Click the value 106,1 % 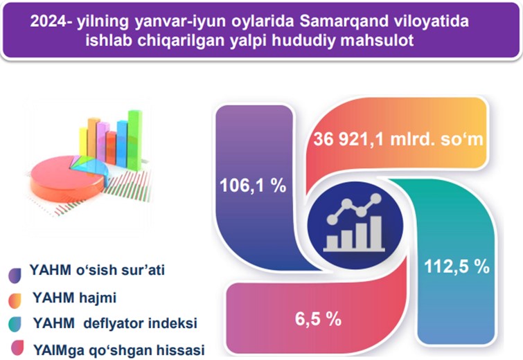253,186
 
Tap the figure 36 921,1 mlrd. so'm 398,138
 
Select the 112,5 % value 456,267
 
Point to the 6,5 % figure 318,318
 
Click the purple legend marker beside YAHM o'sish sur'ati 15,276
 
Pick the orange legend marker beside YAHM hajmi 15,300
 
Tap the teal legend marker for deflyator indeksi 15,324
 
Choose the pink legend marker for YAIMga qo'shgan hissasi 17,348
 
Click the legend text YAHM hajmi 74,297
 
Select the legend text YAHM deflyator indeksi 115,323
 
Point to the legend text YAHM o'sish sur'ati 97,270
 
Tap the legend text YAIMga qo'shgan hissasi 118,350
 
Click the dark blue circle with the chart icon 355,225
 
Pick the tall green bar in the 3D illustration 134,140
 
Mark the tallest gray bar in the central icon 376,232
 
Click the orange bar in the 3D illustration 93,137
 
